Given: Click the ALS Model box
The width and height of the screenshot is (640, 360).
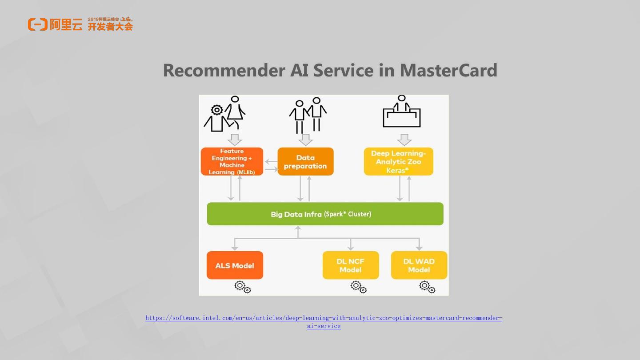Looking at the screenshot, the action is [x=235, y=265].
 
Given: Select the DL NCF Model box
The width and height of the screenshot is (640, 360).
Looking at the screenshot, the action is [x=351, y=265].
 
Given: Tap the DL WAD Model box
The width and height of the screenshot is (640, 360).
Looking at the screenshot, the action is [x=419, y=265].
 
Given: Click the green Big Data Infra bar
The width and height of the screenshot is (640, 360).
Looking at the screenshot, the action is [x=325, y=214].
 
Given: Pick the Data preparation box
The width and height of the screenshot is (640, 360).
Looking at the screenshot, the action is [x=305, y=162].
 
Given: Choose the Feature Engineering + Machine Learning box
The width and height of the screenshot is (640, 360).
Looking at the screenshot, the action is [x=232, y=162].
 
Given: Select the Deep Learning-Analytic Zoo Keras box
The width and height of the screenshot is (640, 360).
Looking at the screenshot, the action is [x=398, y=162].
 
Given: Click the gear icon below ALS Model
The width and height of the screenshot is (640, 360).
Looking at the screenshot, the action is [x=243, y=287].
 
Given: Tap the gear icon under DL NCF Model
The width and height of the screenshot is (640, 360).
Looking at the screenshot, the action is [x=358, y=287].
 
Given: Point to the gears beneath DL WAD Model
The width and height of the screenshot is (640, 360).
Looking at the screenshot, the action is [x=427, y=287].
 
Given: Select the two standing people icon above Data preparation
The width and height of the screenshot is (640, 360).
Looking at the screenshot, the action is [x=308, y=115].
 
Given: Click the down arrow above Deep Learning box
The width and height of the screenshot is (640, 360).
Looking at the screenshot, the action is [x=404, y=140].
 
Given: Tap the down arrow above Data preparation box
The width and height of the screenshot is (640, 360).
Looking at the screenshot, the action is [x=305, y=140].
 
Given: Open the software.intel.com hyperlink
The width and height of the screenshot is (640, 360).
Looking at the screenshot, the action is [x=324, y=318].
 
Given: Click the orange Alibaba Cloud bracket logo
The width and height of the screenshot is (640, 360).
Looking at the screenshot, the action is [x=37, y=24].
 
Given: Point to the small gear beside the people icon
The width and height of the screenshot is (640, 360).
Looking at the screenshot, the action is [x=217, y=109].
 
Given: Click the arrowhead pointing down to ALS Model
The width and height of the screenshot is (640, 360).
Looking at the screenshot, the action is [x=235, y=248].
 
